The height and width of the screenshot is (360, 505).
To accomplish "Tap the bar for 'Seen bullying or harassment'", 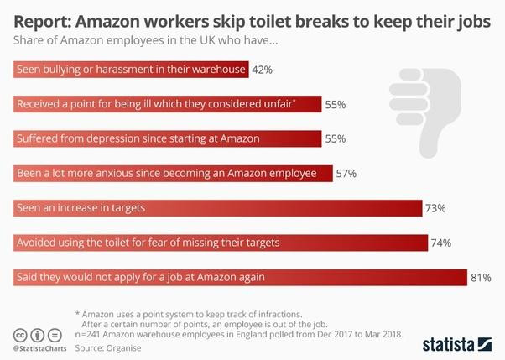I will pos(131,70).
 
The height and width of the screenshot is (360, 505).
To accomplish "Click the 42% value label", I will pos(263,70).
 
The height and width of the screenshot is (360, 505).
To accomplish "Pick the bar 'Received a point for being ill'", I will pos(168,104).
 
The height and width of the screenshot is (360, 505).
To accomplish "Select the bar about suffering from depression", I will pos(168,138).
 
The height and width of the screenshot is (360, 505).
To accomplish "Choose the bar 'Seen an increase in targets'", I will pos(217,207).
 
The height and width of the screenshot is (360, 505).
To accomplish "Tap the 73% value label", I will pos(435,207).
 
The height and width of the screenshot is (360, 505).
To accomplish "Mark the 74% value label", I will pos(440,243).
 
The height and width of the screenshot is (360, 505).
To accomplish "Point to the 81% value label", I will pos(481,276).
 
